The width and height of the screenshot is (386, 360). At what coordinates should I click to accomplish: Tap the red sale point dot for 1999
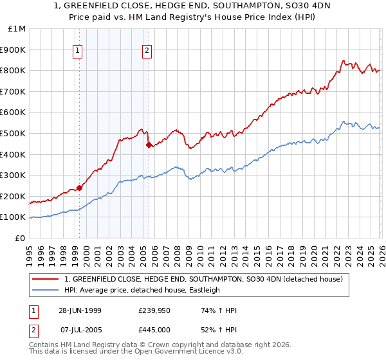[x=80, y=188]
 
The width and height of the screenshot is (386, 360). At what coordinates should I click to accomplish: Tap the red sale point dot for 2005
[x=149, y=145]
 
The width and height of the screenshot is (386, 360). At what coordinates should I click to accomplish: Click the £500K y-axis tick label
[x=14, y=133]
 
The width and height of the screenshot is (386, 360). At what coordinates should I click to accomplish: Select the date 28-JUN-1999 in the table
[x=80, y=310]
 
